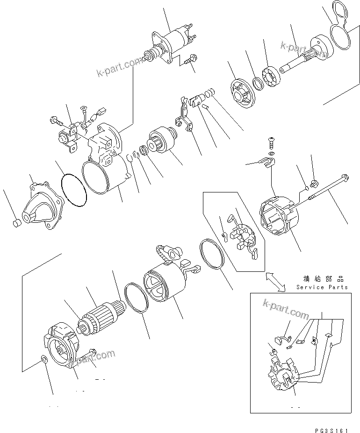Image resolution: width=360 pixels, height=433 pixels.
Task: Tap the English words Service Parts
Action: [322, 287]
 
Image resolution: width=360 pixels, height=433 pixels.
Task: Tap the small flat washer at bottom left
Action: [43, 360]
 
